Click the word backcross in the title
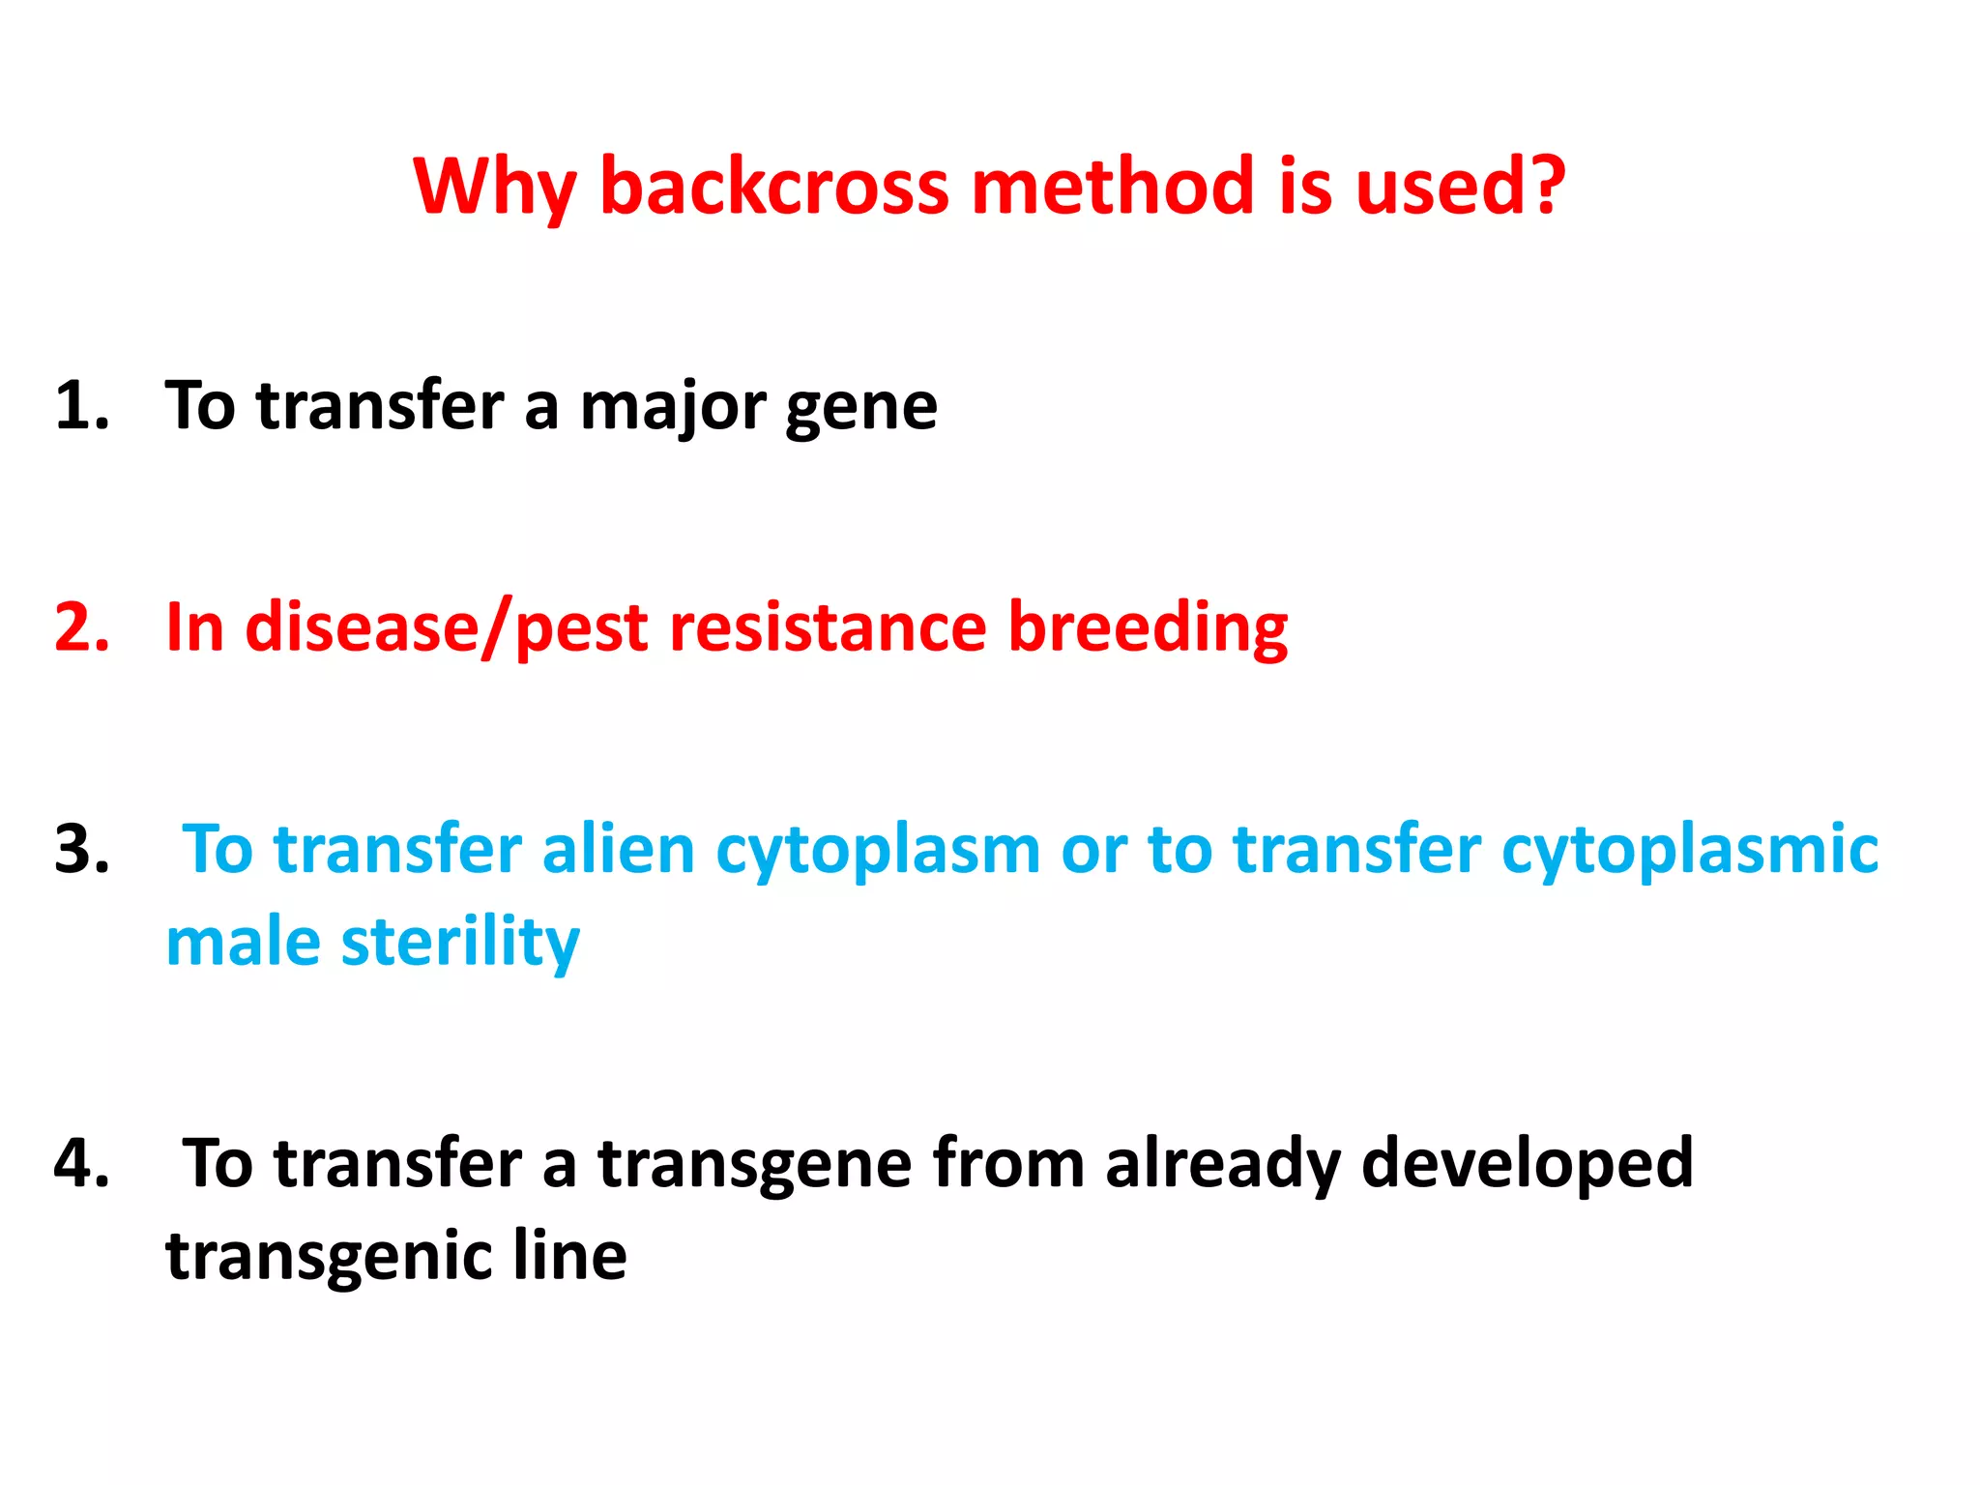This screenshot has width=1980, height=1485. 774,186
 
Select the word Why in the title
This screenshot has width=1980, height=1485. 494,188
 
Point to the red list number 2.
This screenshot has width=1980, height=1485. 81,627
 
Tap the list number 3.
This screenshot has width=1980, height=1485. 81,850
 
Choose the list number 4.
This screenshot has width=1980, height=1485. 81,1162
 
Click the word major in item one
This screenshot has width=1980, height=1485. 671,407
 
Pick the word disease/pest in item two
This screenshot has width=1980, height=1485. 446,628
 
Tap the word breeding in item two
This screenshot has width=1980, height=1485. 1148,628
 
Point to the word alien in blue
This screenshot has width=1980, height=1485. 618,850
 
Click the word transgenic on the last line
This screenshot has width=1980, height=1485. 329,1257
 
